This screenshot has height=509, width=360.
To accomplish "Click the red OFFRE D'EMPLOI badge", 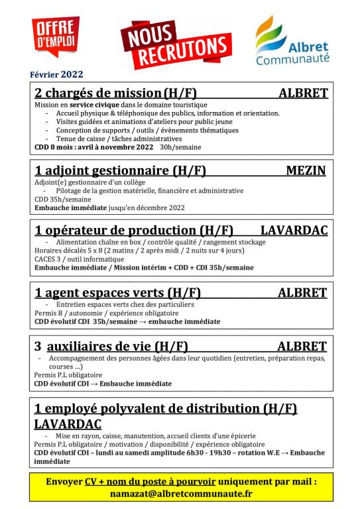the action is click(x=55, y=36).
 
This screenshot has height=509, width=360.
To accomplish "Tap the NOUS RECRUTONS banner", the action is click(x=176, y=44).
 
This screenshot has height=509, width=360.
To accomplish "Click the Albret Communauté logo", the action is click(x=292, y=42).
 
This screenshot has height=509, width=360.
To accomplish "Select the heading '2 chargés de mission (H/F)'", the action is click(x=115, y=93).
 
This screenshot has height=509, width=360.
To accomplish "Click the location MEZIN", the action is click(x=306, y=170).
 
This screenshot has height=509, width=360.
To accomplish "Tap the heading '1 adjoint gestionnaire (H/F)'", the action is click(x=120, y=171).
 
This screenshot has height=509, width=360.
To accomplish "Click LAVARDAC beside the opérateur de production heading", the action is click(x=294, y=231).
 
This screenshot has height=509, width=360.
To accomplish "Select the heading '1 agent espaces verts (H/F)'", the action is click(x=117, y=292).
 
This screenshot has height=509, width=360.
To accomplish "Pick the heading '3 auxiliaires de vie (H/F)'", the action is click(x=111, y=347).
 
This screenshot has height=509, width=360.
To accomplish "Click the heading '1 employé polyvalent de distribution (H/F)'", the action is click(x=166, y=408).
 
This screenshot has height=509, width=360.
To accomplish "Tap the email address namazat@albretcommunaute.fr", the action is click(x=180, y=494).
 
